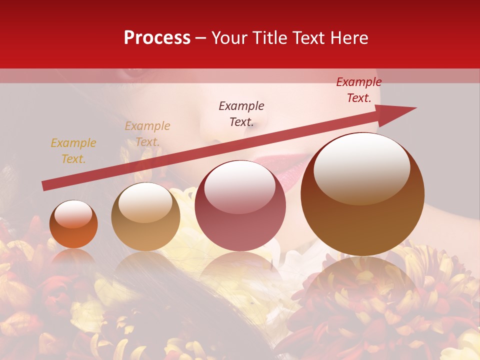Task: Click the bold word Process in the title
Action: [x=157, y=38]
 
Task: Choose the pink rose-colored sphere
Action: [x=240, y=206]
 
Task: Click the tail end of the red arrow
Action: [x=45, y=185]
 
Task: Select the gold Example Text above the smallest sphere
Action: [x=73, y=151]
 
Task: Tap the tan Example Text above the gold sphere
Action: [x=147, y=134]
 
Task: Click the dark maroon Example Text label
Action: [x=241, y=114]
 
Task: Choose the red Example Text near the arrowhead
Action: [x=358, y=90]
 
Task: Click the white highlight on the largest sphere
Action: [x=361, y=167]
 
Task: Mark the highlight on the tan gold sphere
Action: [x=145, y=202]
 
